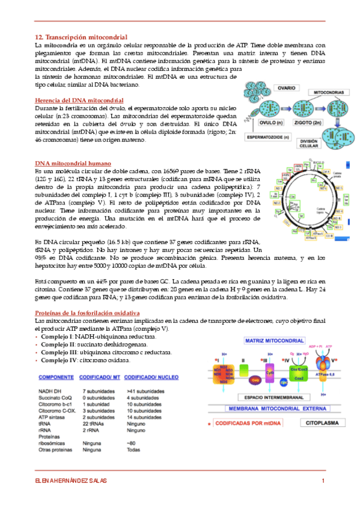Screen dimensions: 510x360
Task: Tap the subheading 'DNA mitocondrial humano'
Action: tap(73, 163)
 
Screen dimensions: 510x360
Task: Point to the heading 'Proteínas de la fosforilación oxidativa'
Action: tap(88, 313)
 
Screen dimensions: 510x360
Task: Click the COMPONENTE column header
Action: tap(61, 377)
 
